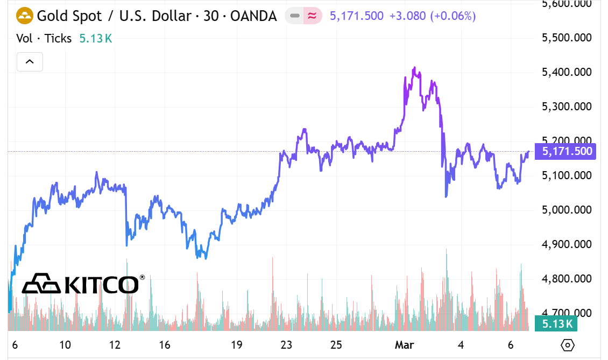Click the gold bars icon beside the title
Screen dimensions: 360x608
[25, 16]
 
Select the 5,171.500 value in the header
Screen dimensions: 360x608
[356, 16]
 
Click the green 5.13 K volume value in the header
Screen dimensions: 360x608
[95, 38]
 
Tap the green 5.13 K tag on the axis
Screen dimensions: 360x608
[559, 323]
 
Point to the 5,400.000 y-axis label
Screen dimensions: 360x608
[567, 72]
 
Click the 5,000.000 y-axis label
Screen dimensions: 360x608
[567, 210]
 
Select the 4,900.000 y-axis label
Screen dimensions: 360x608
[567, 244]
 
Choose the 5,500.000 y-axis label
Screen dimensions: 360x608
[567, 38]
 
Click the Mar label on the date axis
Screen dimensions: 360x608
[404, 344]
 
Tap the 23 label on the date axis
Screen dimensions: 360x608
[286, 344]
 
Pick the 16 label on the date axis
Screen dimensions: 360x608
[165, 344]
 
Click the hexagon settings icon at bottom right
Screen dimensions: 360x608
[567, 344]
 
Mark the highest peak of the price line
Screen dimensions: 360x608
[414, 68]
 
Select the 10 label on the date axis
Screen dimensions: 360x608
[65, 344]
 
